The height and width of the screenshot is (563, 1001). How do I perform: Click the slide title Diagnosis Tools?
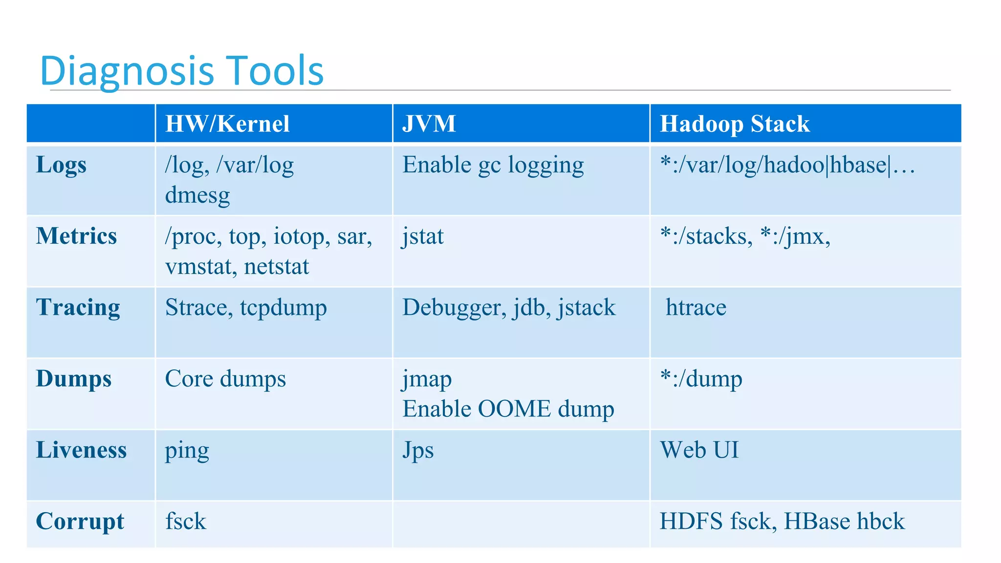pos(182,70)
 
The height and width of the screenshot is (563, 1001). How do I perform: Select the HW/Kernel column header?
pos(227,124)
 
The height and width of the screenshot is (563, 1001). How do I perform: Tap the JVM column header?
pos(429,124)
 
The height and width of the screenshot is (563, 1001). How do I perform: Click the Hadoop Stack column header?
pos(734,124)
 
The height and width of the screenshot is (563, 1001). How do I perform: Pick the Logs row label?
pos(61,165)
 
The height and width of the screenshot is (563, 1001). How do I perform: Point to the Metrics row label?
pos(76,236)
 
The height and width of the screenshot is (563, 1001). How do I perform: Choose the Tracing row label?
pos(78,307)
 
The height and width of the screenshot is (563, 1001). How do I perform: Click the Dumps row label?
pos(74,379)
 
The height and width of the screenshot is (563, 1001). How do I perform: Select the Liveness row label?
pos(81,450)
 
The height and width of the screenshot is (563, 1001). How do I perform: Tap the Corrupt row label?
pos(80,521)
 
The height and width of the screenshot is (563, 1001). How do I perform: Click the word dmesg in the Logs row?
pos(197,195)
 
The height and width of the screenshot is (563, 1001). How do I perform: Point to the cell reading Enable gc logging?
pos(493,165)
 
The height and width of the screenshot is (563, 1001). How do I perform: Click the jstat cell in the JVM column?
pos(423,237)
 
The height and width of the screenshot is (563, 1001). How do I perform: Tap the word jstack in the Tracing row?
pos(587,308)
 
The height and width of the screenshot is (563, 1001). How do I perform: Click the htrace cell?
pos(696,308)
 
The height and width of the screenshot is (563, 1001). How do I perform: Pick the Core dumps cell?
pos(225,379)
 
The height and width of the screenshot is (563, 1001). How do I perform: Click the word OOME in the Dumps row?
pos(514,409)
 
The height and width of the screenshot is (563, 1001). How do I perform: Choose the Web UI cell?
pos(699,450)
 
